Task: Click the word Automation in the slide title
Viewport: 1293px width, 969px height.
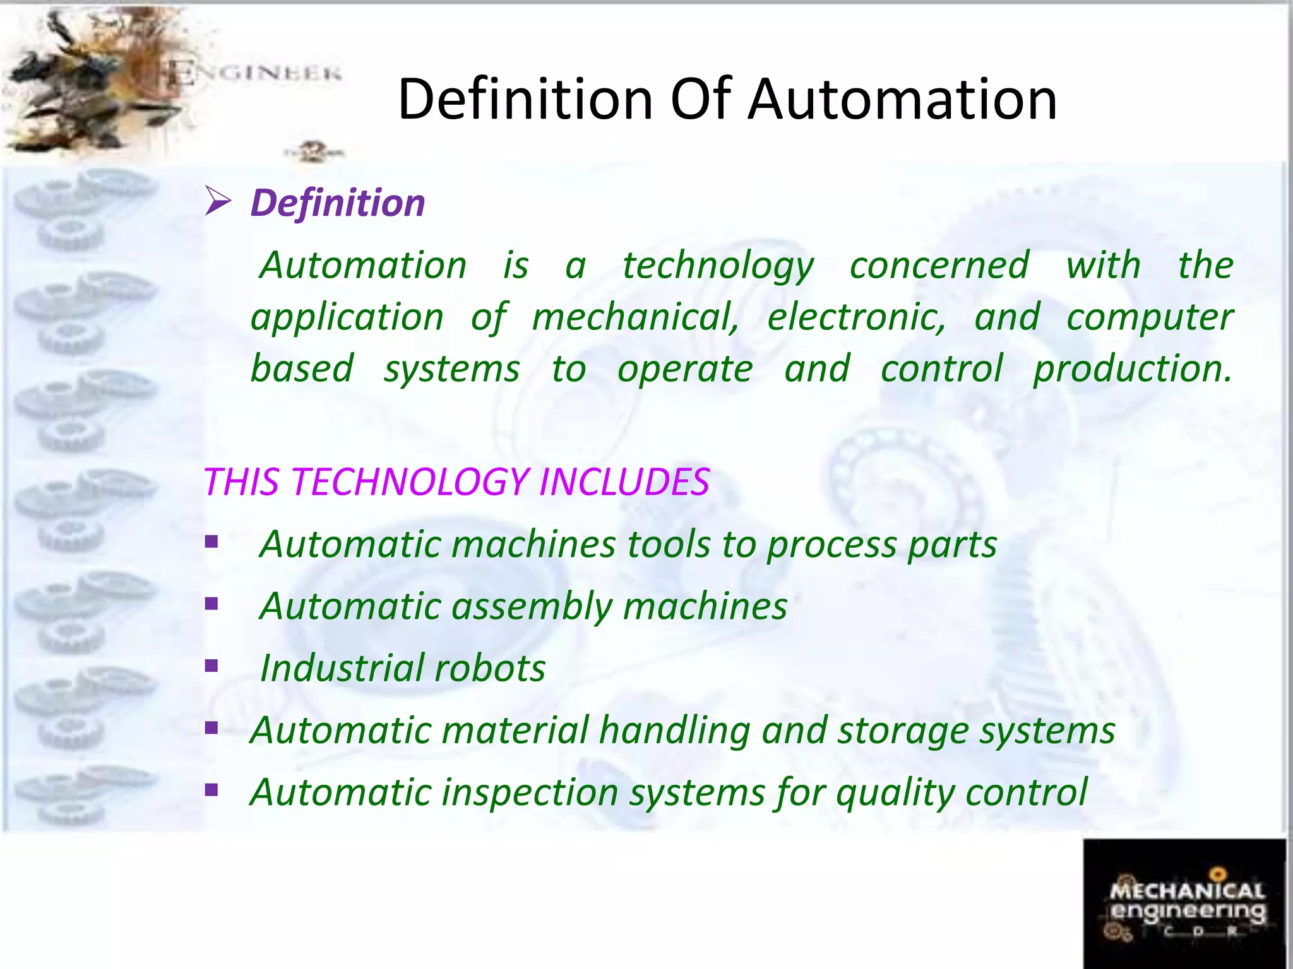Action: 902,100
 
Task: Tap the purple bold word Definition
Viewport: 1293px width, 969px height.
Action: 338,203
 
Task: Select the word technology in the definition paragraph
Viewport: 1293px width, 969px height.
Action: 718,266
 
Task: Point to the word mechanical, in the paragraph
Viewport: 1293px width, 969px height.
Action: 635,317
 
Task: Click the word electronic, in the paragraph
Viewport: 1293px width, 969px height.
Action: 856,317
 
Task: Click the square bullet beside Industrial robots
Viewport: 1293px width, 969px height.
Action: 212,666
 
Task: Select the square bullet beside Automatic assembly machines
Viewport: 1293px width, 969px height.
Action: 212,604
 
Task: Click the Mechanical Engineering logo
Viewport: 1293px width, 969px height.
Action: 1184,903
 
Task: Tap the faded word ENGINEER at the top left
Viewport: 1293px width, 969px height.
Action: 256,73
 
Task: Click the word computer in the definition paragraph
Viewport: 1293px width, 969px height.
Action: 1149,317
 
